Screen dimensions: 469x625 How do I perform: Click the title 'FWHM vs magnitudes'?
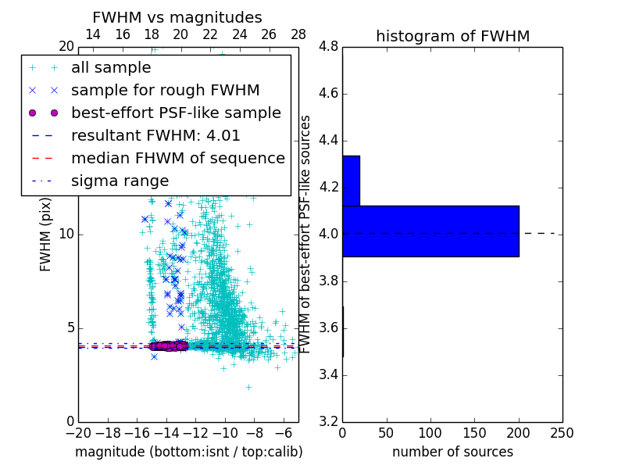click(x=177, y=17)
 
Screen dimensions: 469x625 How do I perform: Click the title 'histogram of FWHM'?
click(x=452, y=36)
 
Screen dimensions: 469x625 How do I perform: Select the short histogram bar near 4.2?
click(x=351, y=181)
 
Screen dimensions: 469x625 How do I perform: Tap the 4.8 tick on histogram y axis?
click(x=328, y=47)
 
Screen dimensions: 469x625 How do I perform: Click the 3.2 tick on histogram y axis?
click(x=328, y=421)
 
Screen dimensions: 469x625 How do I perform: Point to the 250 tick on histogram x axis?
click(x=562, y=433)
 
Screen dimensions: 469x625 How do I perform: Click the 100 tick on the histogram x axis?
click(x=430, y=433)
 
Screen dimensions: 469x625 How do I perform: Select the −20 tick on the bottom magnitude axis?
click(x=78, y=433)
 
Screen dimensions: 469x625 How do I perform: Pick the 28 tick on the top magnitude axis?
click(x=298, y=34)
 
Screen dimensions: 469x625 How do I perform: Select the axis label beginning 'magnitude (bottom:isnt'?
click(x=188, y=452)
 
